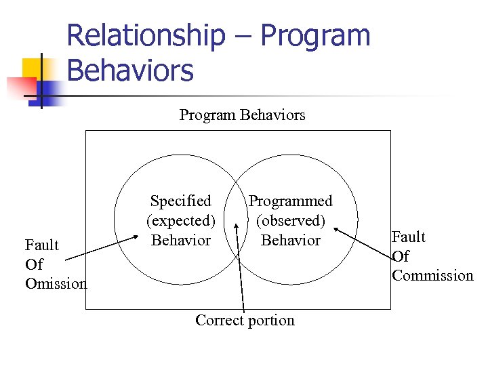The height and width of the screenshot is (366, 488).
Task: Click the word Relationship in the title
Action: (x=146, y=35)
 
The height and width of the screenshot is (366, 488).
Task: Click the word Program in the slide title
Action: (x=317, y=35)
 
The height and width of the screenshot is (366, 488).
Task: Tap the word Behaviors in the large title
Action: (x=130, y=70)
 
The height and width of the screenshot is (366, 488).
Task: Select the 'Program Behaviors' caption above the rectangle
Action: (x=242, y=115)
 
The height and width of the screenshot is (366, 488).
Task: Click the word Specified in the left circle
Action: (x=180, y=201)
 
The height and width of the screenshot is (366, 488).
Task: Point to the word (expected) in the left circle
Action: (x=180, y=221)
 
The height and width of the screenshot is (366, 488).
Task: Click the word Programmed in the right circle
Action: (x=290, y=201)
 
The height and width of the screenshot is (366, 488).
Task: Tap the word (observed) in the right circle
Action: (x=290, y=221)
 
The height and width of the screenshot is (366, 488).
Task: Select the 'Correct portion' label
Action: (x=245, y=321)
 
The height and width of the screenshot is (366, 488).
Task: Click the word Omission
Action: (x=56, y=284)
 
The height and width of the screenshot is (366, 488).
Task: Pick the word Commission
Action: (x=432, y=276)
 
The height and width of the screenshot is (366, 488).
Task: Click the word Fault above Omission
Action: (x=41, y=245)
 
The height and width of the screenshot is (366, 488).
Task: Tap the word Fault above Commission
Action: (x=409, y=237)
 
